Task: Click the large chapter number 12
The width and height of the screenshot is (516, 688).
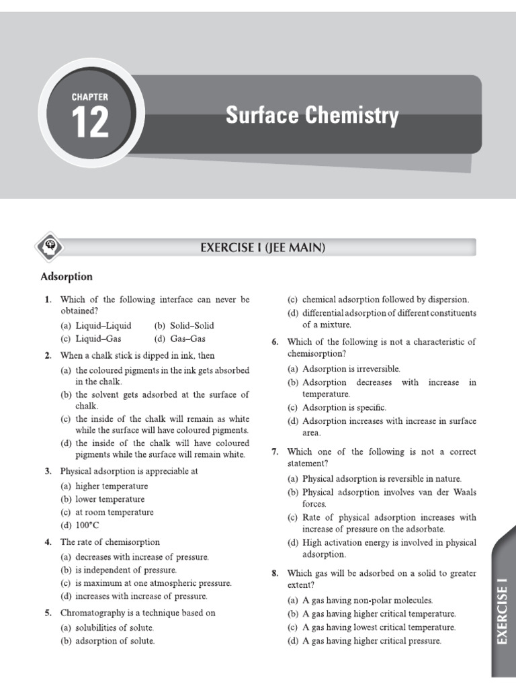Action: pyautogui.click(x=90, y=122)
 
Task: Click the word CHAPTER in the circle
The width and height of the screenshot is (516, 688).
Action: pyautogui.click(x=90, y=97)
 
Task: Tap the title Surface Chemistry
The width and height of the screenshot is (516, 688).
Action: pyautogui.click(x=312, y=116)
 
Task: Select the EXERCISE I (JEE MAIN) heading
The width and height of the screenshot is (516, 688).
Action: pyautogui.click(x=263, y=248)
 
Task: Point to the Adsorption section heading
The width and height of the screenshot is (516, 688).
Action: pyautogui.click(x=67, y=277)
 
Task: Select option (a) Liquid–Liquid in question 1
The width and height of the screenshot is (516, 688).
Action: pyautogui.click(x=96, y=325)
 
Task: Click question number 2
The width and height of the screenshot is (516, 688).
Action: pyautogui.click(x=48, y=355)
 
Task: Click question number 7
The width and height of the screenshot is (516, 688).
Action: pyautogui.click(x=275, y=451)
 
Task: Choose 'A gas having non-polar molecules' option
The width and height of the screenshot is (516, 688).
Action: pyautogui.click(x=360, y=600)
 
